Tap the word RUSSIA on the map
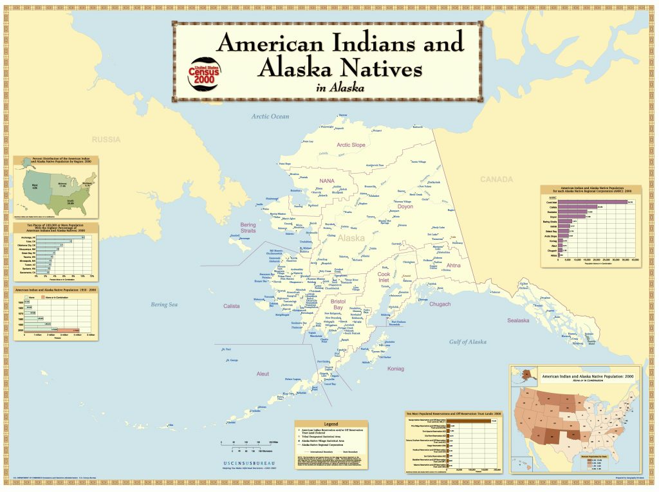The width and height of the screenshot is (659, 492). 106,139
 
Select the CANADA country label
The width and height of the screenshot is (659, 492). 497,179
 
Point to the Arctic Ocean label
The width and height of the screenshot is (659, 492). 270,116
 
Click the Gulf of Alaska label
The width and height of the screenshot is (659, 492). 468,342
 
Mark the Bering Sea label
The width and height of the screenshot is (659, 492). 163,304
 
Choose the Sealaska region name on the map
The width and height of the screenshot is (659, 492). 517,320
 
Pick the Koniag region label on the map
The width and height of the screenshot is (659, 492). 396,369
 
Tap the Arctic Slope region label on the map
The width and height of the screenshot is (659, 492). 351,145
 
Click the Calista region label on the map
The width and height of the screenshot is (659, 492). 231,306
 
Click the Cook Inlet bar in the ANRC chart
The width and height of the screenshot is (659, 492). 595,202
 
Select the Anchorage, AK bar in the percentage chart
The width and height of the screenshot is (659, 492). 61,238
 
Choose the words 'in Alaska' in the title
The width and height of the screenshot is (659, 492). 340,88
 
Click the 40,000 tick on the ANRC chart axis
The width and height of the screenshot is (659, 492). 635,260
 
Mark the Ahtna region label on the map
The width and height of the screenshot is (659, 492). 454,264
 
